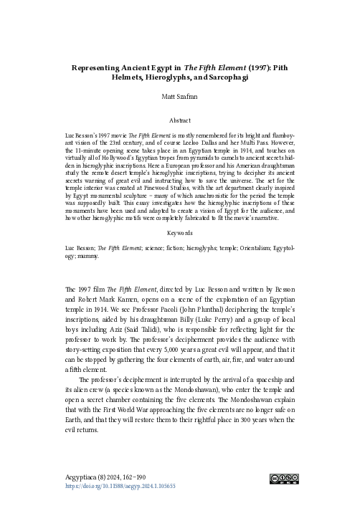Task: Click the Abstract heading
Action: click(180, 121)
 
